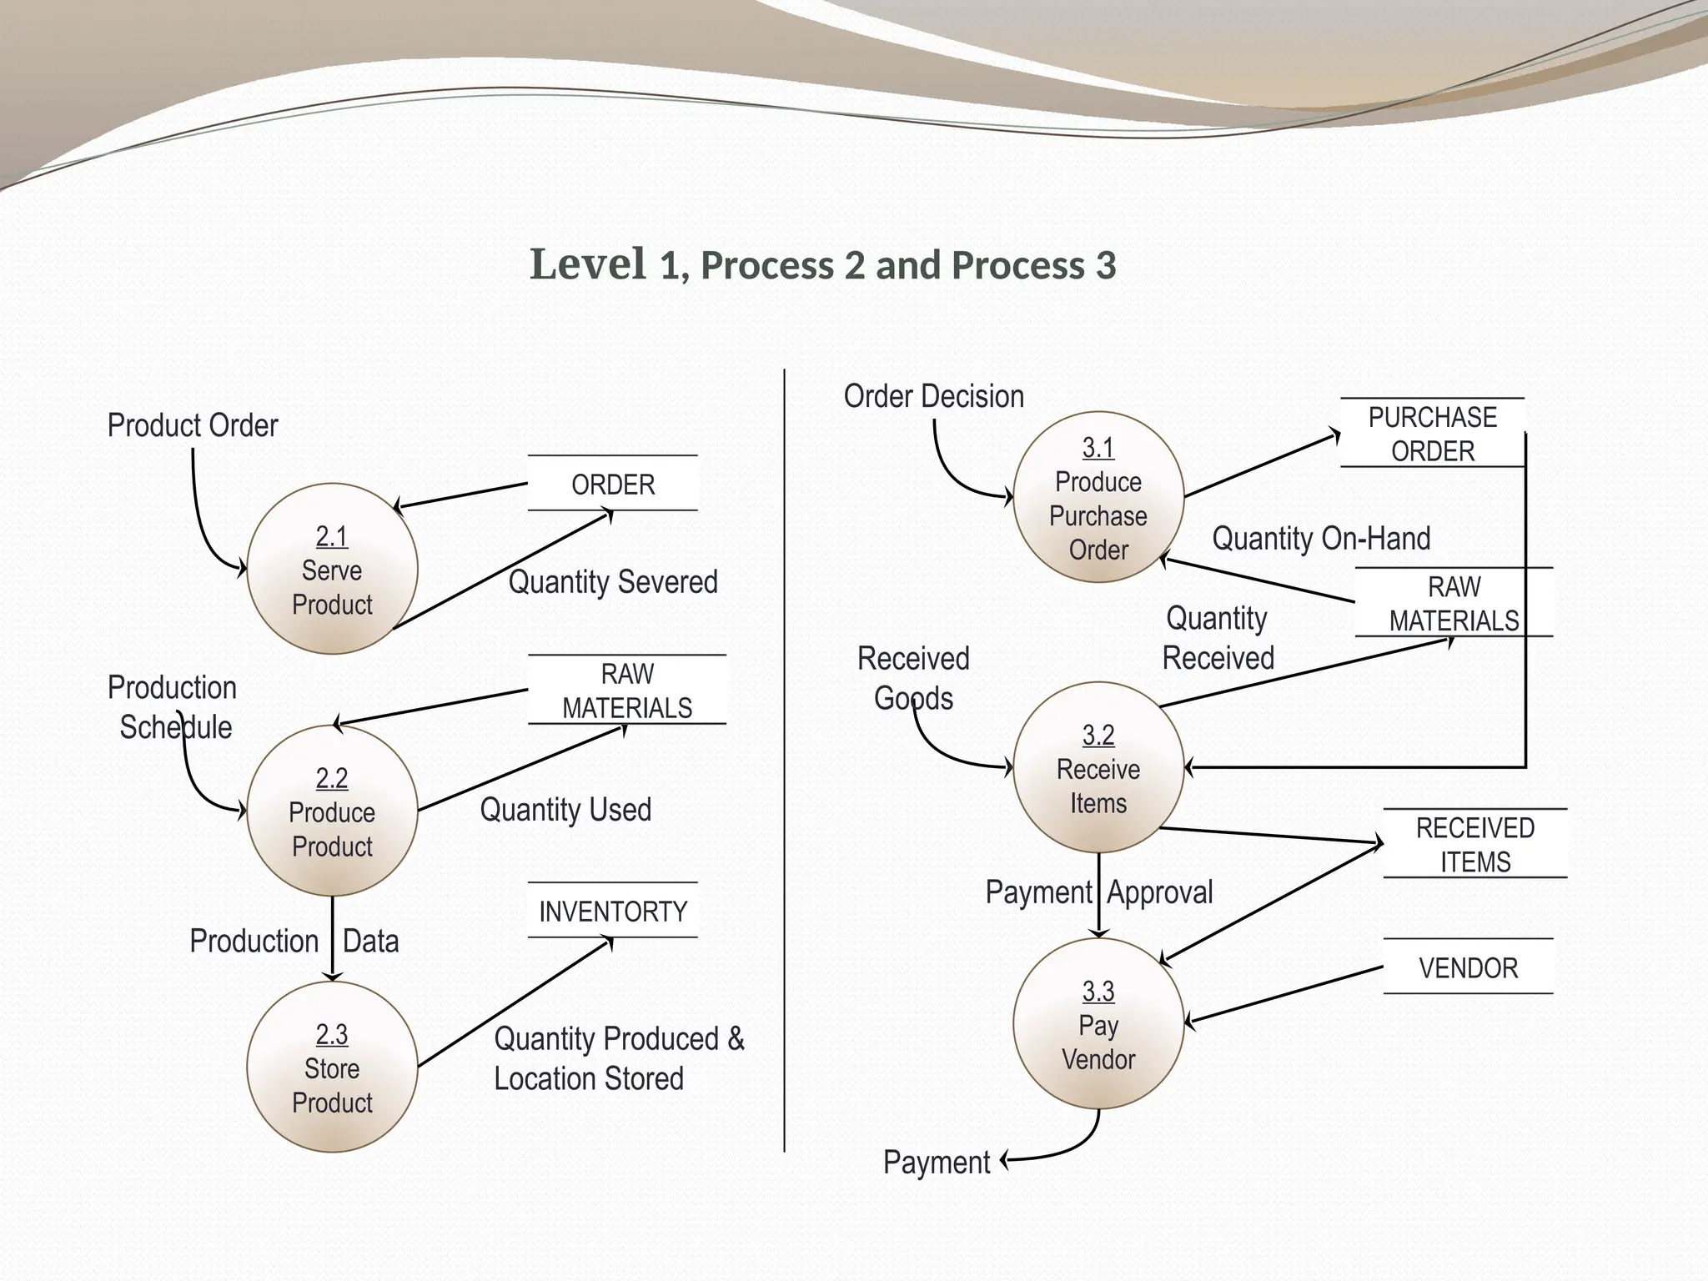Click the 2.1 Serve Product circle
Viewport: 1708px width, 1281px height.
point(332,569)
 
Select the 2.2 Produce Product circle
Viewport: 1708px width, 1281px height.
point(332,811)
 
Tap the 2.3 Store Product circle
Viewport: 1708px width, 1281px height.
point(332,1067)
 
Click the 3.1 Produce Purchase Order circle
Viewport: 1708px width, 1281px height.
point(1098,497)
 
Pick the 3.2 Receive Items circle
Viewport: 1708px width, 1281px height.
point(1098,767)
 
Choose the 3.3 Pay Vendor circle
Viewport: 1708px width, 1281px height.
point(1098,1023)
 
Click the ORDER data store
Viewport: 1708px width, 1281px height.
point(613,484)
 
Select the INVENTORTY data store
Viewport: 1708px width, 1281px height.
point(613,911)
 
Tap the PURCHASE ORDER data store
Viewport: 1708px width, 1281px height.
point(1432,434)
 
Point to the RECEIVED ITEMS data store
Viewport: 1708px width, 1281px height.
point(1474,844)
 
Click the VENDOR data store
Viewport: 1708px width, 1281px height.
point(1468,967)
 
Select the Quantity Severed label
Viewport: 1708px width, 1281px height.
point(613,581)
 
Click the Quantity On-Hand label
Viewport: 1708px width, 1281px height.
point(1321,538)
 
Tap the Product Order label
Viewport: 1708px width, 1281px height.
point(193,425)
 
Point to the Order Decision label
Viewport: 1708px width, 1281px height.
point(934,396)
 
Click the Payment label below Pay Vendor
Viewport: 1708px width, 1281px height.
point(937,1162)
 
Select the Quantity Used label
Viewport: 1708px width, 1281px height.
point(565,809)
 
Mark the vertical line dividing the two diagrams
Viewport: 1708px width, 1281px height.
point(785,751)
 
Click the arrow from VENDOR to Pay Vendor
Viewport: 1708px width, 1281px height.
point(1284,995)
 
